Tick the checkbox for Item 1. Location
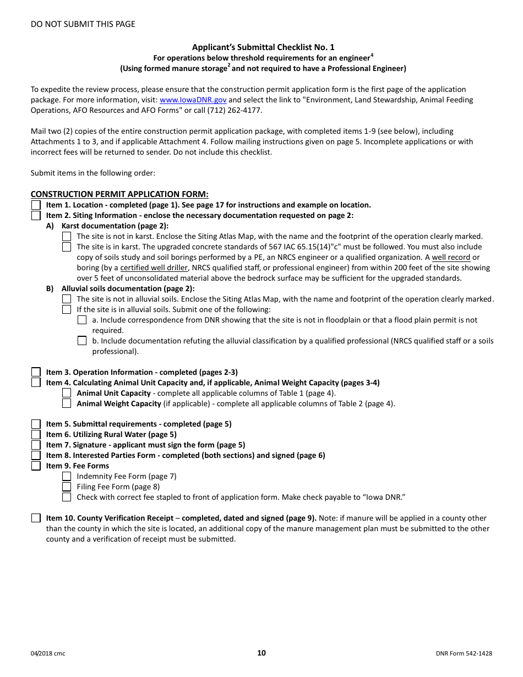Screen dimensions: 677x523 click(x=36, y=205)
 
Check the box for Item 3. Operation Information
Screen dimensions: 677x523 click(x=36, y=372)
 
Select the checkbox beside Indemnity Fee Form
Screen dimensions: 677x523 click(x=67, y=476)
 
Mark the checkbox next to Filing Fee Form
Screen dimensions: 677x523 click(x=67, y=487)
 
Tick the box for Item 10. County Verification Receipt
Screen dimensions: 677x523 click(x=36, y=518)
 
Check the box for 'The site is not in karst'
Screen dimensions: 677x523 click(x=67, y=236)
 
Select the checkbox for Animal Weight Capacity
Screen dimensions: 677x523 click(x=67, y=403)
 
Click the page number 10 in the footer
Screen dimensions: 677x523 click(x=261, y=653)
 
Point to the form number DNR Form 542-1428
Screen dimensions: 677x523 click(x=463, y=653)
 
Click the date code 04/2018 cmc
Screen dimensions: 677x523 click(x=48, y=653)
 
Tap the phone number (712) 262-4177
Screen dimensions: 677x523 click(x=243, y=110)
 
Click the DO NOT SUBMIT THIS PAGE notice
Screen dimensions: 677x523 click(x=83, y=24)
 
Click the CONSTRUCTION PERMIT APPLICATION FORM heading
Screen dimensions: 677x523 click(x=119, y=194)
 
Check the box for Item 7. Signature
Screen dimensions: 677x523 click(x=36, y=445)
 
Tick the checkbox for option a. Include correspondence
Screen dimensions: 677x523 click(x=82, y=320)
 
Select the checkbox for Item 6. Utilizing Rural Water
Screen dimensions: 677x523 click(x=36, y=434)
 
